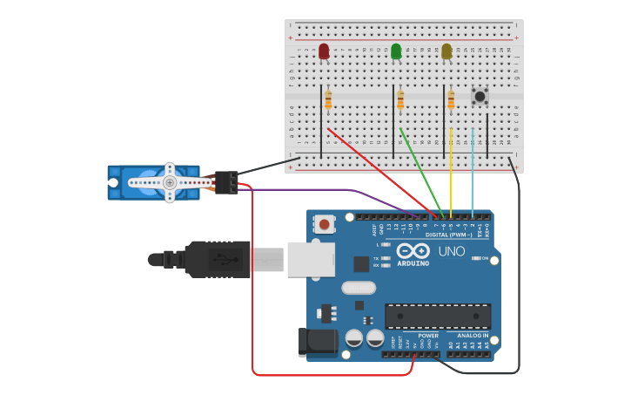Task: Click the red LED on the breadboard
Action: click(x=324, y=51)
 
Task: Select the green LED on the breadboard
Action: click(x=396, y=51)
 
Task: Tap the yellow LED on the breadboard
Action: click(x=446, y=51)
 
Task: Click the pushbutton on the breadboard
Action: click(x=480, y=96)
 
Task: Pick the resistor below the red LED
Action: click(x=328, y=100)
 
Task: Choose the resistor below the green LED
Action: click(x=400, y=100)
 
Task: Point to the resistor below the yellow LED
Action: click(x=451, y=100)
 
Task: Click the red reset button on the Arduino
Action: click(x=325, y=224)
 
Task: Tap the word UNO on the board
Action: click(x=451, y=251)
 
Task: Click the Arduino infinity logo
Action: click(x=413, y=251)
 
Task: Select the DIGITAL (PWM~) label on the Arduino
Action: click(x=448, y=235)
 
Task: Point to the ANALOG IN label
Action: click(x=473, y=335)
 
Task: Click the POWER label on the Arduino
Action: click(x=428, y=335)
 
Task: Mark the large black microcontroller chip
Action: click(x=438, y=316)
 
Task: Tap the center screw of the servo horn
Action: click(x=170, y=182)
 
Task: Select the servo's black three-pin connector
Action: click(x=227, y=181)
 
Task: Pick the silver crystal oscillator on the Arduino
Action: click(x=359, y=288)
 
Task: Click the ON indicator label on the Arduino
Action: click(x=485, y=258)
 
